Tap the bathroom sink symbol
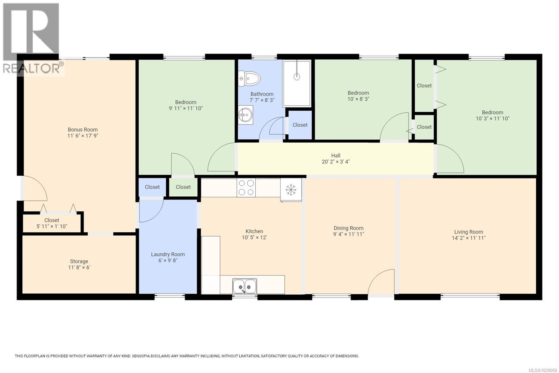[x=246, y=114]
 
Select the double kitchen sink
[x=245, y=286]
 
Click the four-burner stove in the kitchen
[x=246, y=188]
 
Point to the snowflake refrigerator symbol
[x=291, y=190]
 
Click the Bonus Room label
[x=82, y=129]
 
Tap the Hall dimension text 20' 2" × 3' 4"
[x=335, y=162]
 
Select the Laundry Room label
[x=168, y=254]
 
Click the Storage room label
[x=79, y=261]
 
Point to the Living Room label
[x=468, y=232]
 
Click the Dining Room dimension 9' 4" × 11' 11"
[x=348, y=234]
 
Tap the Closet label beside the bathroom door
[x=300, y=125]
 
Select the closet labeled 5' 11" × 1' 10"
[x=52, y=223]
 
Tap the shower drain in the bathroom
[x=297, y=76]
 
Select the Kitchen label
[x=254, y=231]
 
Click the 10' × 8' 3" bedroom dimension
[x=358, y=99]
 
